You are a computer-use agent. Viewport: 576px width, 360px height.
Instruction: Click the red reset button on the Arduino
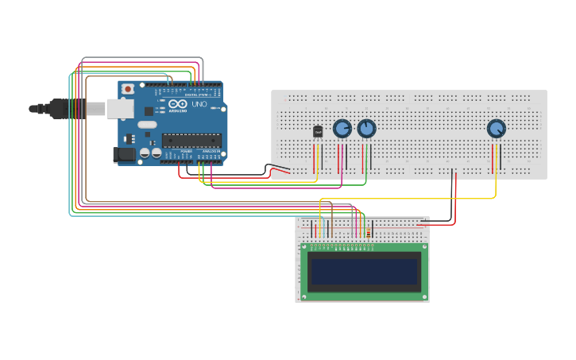[127, 89]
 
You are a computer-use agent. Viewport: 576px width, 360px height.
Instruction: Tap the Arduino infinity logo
[177, 104]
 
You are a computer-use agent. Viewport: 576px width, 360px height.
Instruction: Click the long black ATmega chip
[191, 141]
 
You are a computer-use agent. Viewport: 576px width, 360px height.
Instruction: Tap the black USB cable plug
[68, 109]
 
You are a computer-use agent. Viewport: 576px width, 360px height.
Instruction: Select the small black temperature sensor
[318, 131]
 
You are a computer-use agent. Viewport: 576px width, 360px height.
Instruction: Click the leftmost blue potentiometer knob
[342, 128]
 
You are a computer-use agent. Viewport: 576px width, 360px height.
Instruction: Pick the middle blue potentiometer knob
[365, 128]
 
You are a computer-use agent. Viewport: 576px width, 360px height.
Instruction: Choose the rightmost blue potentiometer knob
[496, 128]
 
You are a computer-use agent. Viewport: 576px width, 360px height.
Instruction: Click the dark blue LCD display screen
[365, 271]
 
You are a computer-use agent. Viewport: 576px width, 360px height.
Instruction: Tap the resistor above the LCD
[368, 232]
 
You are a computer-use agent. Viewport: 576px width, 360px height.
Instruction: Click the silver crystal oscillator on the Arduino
[147, 125]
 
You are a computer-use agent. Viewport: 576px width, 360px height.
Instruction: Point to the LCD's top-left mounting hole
[304, 248]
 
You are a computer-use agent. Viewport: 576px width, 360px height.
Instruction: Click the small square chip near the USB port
[149, 112]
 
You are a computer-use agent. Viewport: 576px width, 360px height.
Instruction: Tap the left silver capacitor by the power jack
[145, 153]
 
